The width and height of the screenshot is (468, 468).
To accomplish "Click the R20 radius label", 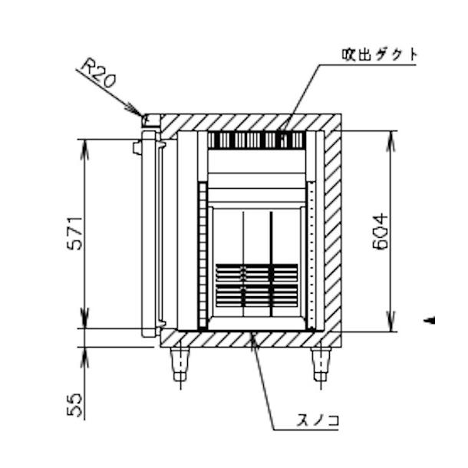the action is pyautogui.click(x=98, y=73).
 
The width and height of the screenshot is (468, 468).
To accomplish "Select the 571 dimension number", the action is pyautogui.click(x=74, y=233).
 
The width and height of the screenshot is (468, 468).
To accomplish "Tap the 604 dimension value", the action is pyautogui.click(x=381, y=231).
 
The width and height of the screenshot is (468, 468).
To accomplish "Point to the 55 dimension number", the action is pyautogui.click(x=74, y=405).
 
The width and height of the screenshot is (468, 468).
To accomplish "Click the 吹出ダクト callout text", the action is pyautogui.click(x=379, y=55).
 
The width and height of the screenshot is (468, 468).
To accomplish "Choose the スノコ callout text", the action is pyautogui.click(x=318, y=420).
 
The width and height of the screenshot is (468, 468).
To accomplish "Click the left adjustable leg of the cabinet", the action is pyautogui.click(x=180, y=364).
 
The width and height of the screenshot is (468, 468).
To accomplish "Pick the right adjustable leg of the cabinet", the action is pyautogui.click(x=321, y=364).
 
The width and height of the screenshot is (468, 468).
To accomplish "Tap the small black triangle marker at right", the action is pyautogui.click(x=430, y=320).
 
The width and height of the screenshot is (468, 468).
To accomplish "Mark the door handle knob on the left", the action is pyautogui.click(x=137, y=147).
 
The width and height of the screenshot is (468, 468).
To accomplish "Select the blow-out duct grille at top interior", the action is pyautogui.click(x=257, y=140).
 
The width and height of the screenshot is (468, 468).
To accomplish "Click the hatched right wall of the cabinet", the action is pyautogui.click(x=332, y=230).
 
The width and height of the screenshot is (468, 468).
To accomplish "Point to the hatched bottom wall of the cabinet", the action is pyautogui.click(x=251, y=339).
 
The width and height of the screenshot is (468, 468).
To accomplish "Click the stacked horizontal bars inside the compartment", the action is pyautogui.click(x=257, y=285).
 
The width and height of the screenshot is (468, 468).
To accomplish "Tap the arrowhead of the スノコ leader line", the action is pyautogui.click(x=253, y=339).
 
